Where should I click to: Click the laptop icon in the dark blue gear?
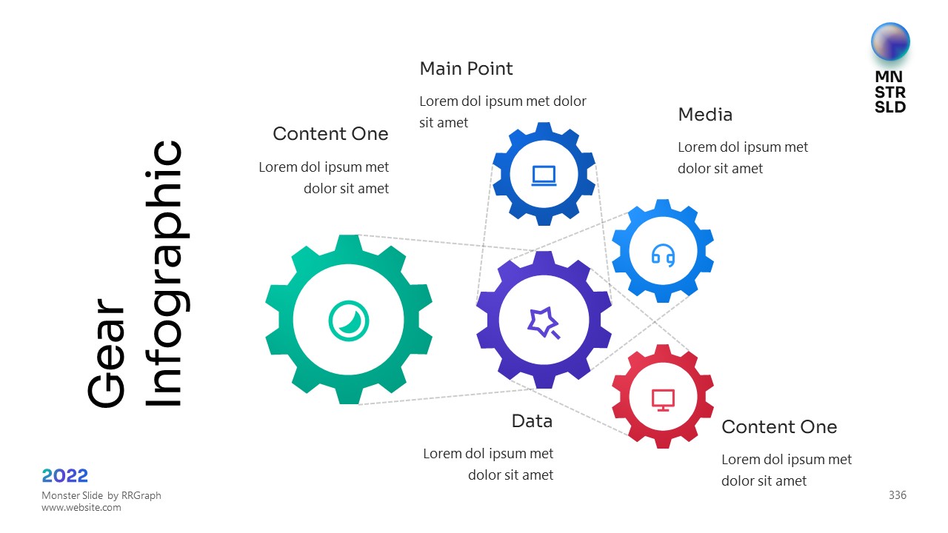(x=544, y=175)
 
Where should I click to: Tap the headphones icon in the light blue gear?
(x=663, y=255)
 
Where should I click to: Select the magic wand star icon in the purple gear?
(x=543, y=322)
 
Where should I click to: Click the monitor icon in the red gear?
(x=663, y=400)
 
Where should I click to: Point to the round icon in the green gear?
(x=349, y=321)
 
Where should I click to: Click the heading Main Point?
(x=466, y=69)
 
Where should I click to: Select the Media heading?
(x=705, y=115)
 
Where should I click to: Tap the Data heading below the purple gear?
(x=532, y=421)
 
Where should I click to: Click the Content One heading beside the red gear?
(x=779, y=427)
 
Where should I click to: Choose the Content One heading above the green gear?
(x=330, y=134)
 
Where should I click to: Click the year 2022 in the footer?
(x=65, y=475)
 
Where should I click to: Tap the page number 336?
(x=897, y=495)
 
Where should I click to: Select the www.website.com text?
(x=81, y=508)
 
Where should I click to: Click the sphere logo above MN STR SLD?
(x=890, y=41)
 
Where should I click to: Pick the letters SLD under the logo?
(x=890, y=107)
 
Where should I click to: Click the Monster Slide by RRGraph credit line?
(x=101, y=495)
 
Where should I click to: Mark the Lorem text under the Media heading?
(x=743, y=158)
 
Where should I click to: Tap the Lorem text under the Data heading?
(x=488, y=464)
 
